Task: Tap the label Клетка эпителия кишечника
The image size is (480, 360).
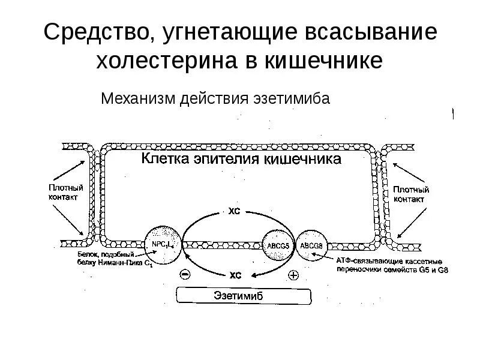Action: click(x=242, y=160)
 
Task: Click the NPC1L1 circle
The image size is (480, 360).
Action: click(x=161, y=245)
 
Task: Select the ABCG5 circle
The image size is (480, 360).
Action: click(x=277, y=245)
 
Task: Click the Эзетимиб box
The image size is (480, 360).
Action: click(x=243, y=296)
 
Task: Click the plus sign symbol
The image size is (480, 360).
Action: click(x=293, y=275)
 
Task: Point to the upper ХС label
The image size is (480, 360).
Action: click(x=234, y=211)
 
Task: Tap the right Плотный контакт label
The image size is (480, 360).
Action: click(x=410, y=193)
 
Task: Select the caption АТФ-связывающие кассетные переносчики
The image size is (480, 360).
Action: click(x=392, y=266)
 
